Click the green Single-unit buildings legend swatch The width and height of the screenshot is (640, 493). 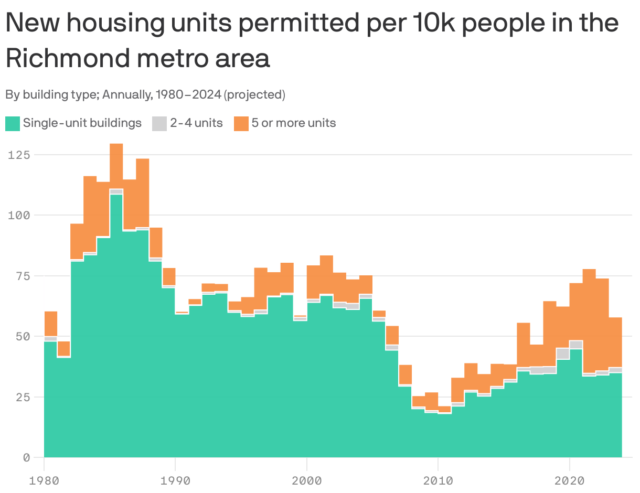coord(13,123)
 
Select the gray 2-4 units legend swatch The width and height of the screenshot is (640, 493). coord(159,123)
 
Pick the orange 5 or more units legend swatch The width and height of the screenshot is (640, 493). coord(241,123)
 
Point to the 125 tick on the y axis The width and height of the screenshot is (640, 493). coord(19,155)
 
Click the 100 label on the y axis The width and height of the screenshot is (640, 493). coord(19,215)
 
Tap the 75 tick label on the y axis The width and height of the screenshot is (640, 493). coord(22,276)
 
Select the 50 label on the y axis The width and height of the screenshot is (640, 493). coord(22,336)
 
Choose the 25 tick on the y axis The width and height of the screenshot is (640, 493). coord(22,397)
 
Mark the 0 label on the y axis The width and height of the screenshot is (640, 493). coord(26,457)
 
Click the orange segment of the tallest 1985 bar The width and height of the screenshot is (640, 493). coord(116,166)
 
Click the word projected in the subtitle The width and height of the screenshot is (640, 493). coord(254,95)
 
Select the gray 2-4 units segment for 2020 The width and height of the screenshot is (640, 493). coord(575,345)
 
